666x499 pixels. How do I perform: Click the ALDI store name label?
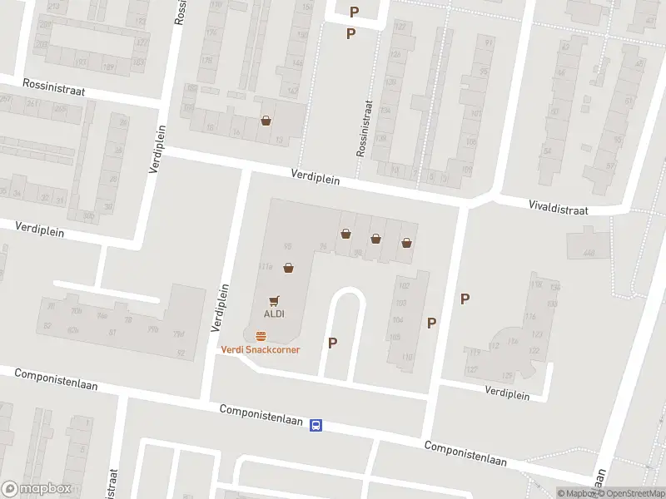pos(275,314)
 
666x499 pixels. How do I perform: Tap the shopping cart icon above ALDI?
pos(275,300)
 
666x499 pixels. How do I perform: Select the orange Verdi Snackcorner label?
pos(260,349)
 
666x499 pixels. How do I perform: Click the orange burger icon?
pos(261,336)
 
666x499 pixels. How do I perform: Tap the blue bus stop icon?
pos(316,425)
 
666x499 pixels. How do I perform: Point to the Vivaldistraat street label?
pos(559,207)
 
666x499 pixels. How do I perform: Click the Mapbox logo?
pos(37,489)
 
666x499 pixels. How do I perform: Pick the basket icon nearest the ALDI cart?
pos(288,268)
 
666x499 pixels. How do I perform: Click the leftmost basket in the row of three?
pos(345,235)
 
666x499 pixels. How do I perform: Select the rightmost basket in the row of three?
pos(406,243)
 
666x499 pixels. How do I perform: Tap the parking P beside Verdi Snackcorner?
pos(333,342)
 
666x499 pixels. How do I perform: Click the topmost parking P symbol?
pos(355,12)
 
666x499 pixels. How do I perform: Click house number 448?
pos(589,253)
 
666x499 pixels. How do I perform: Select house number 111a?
pos(266,267)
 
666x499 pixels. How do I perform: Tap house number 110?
pos(407,357)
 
